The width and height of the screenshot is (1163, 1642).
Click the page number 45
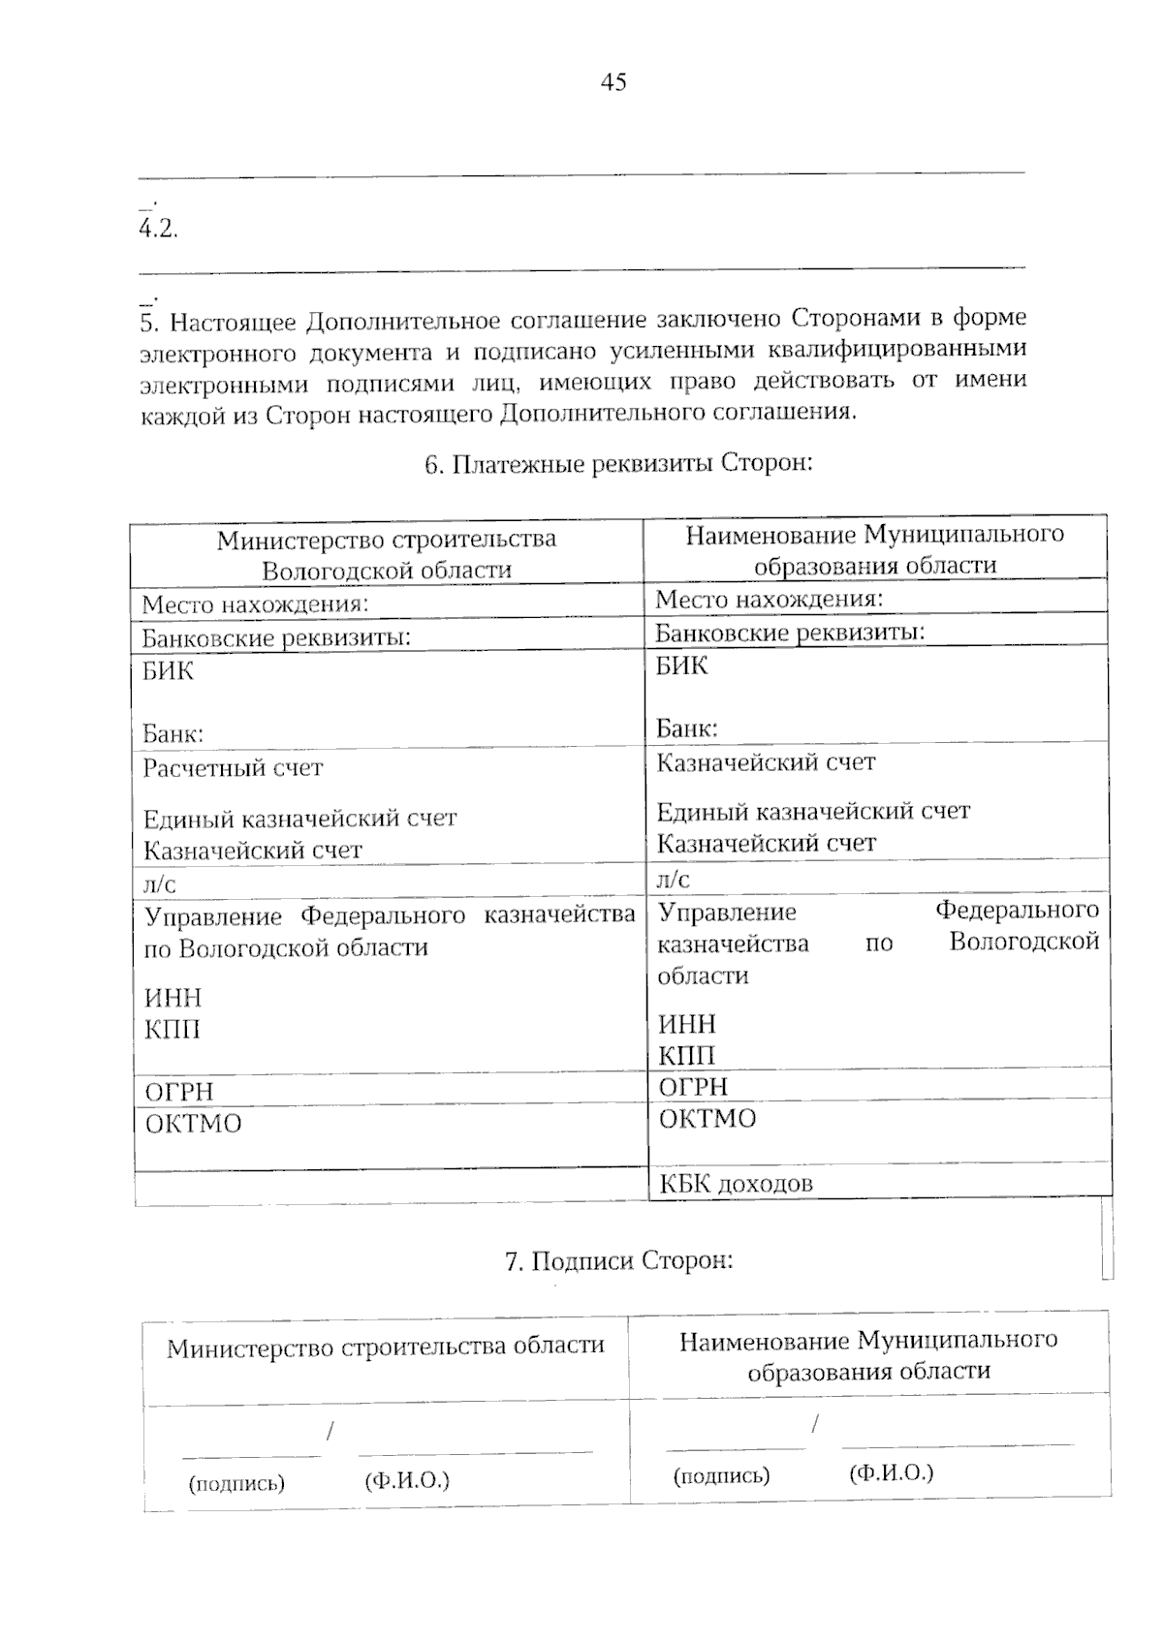613,82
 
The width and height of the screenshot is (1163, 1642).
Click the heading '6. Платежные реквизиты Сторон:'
618,464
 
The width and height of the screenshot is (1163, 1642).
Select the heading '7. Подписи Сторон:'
618,1260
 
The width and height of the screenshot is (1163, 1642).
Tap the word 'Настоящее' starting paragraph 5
234,321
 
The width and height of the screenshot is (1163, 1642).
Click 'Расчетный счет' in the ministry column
233,768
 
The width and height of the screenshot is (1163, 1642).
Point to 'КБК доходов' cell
736,1183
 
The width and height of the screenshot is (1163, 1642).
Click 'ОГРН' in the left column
179,1092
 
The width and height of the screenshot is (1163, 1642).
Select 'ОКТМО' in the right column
707,1119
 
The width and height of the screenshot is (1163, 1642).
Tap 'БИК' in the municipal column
681,666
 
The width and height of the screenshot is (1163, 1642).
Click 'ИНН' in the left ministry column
173,998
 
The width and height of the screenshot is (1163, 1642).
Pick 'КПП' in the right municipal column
686,1056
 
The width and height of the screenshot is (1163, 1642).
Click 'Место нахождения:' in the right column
769,599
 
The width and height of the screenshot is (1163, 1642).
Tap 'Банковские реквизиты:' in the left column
276,637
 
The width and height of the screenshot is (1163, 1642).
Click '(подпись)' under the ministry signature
236,1483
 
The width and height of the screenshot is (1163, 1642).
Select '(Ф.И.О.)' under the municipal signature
891,1473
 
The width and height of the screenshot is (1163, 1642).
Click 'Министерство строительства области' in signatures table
385,1347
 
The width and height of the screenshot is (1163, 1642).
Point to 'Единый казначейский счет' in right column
813,811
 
